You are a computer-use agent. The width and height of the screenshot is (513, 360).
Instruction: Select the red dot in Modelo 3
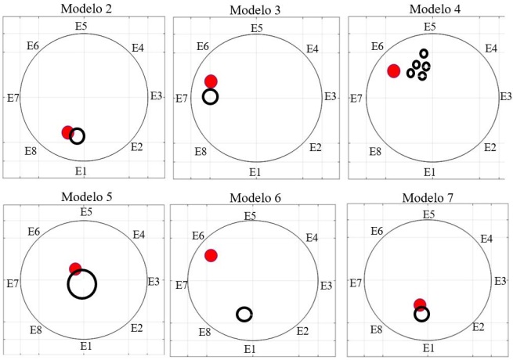click(x=211, y=81)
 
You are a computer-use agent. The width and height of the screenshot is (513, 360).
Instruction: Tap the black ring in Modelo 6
click(x=244, y=314)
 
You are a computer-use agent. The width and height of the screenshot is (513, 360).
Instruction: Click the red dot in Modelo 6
click(x=211, y=255)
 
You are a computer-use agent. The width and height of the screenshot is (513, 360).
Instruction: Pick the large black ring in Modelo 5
click(x=81, y=283)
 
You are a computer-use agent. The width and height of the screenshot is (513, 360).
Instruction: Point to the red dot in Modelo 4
click(x=394, y=71)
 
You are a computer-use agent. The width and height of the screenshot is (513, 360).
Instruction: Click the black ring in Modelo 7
click(x=421, y=314)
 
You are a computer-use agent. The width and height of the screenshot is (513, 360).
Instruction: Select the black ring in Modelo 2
click(x=77, y=136)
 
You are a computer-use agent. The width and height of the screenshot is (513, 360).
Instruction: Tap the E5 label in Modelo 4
click(x=429, y=27)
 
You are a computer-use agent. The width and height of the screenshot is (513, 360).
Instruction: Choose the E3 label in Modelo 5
click(x=154, y=281)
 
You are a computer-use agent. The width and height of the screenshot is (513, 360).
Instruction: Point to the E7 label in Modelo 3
click(x=180, y=99)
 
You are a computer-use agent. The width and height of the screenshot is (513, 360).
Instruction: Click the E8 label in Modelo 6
click(x=204, y=333)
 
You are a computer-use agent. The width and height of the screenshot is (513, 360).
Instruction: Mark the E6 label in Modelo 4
click(x=377, y=47)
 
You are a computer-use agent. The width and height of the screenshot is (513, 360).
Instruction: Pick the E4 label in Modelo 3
click(x=312, y=49)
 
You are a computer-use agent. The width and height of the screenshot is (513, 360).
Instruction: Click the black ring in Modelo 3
click(x=211, y=96)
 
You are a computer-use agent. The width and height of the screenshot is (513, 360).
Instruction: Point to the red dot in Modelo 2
click(x=68, y=132)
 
